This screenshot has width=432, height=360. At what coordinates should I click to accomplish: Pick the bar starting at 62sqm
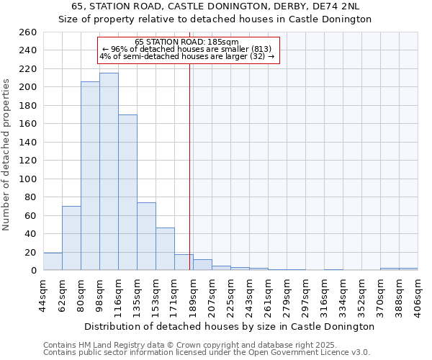pyautogui.click(x=71, y=238)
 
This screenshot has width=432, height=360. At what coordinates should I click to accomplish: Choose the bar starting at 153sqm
pyautogui.click(x=165, y=248)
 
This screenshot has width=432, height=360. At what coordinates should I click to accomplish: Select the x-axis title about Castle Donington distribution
pyautogui.click(x=229, y=326)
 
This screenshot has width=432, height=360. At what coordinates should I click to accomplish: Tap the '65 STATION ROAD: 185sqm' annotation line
pyautogui.click(x=186, y=42)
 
